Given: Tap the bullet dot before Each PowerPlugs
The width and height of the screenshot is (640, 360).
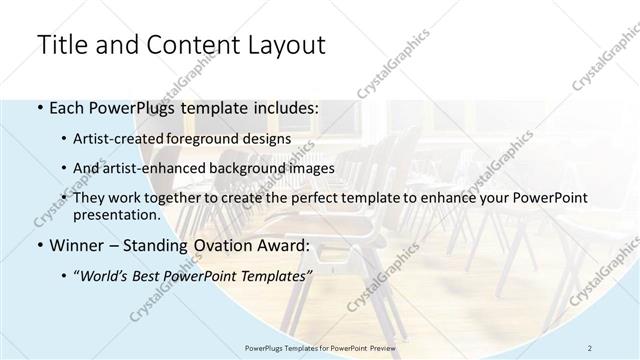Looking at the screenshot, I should (38, 107).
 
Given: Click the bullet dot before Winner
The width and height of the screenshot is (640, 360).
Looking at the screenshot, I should (38, 244).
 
